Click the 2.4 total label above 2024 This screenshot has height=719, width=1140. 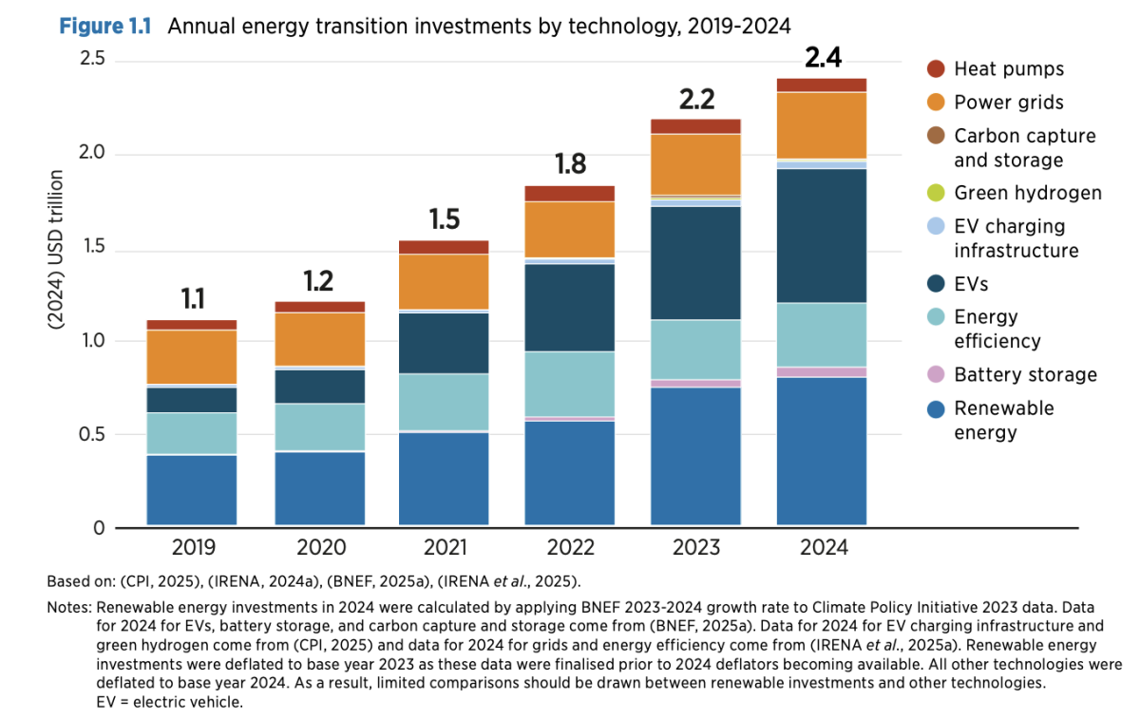click(823, 57)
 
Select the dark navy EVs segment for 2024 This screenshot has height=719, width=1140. click(823, 235)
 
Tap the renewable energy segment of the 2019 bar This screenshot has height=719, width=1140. click(192, 489)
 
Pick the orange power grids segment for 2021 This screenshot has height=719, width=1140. click(445, 281)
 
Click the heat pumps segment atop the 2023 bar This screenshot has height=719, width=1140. click(696, 126)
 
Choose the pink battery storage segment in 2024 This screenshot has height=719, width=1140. click(823, 371)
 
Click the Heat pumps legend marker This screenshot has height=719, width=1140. click(936, 68)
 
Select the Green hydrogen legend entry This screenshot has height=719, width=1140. click(1028, 193)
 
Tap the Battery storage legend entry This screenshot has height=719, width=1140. click(1025, 374)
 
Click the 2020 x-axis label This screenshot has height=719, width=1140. click(318, 548)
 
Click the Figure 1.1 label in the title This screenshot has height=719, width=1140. click(107, 26)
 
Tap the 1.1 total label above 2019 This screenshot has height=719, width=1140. click(192, 300)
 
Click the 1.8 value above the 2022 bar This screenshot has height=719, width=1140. click(570, 163)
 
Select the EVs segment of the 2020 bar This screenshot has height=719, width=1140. click(318, 386)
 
